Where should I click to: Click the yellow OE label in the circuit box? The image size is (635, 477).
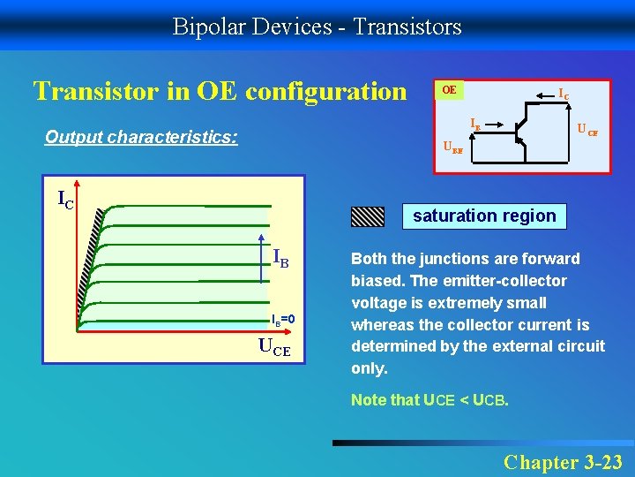[x=449, y=90]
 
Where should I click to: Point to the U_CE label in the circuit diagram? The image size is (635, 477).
[x=587, y=131]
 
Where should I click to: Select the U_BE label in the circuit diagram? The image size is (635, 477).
[x=452, y=148]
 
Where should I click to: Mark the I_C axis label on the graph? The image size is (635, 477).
[x=65, y=200]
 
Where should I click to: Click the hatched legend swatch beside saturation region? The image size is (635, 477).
[x=368, y=216]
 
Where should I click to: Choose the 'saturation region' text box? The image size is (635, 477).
[x=484, y=216]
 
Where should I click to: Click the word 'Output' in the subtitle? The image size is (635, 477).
[x=73, y=137]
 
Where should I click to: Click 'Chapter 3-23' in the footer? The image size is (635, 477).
[x=562, y=461]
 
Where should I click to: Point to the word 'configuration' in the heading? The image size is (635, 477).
[x=326, y=91]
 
